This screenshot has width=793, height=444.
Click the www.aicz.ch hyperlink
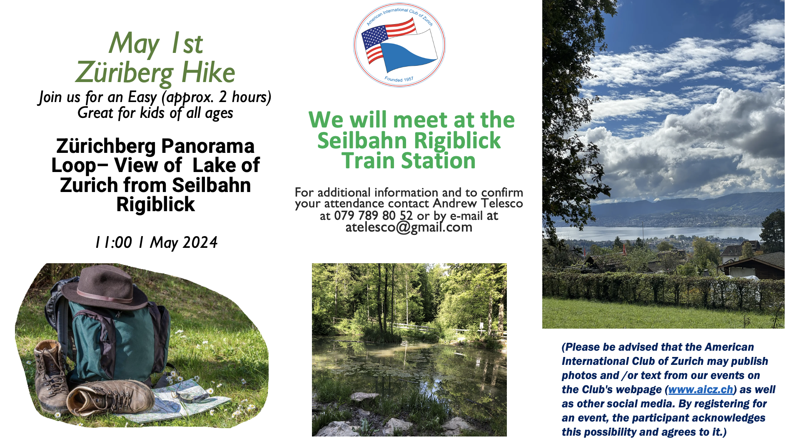click(x=701, y=389)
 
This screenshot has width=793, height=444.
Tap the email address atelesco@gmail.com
click(x=409, y=227)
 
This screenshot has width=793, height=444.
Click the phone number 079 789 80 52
click(x=373, y=216)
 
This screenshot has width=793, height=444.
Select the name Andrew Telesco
click(x=478, y=203)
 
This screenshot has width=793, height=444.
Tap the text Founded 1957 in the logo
click(x=399, y=79)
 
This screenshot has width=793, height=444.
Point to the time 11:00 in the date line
click(x=113, y=242)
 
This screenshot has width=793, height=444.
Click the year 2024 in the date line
click(x=200, y=242)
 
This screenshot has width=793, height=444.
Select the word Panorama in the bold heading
click(x=208, y=147)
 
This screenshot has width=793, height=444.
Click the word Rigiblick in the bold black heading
click(x=155, y=205)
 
